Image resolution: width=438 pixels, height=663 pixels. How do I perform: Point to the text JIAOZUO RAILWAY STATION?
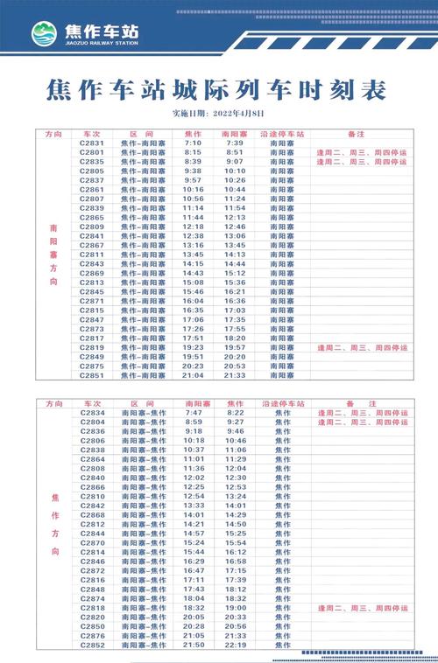coord(101,43)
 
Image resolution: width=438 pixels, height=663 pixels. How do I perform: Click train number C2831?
coord(92,143)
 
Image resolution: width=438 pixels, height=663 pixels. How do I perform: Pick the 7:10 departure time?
coord(193,143)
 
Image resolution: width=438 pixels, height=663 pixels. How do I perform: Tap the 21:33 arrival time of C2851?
coord(234,375)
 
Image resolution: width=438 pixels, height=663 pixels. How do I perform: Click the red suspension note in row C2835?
coord(362,162)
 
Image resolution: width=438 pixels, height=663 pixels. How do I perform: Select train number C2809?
coord(92,227)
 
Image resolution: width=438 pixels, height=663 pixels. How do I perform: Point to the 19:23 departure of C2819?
coord(193,347)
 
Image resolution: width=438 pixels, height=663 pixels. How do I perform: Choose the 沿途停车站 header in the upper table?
coord(282,134)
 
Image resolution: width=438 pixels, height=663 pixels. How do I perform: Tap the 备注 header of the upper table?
coord(356,134)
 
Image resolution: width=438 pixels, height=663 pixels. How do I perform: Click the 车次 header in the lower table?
coord(92,403)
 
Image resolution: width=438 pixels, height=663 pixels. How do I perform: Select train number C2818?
coord(93,607)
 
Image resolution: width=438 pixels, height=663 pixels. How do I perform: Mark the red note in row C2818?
coord(362,607)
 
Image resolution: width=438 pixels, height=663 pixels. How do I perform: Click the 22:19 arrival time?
coord(236,646)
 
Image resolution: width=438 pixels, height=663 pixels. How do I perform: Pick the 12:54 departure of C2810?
coord(194,497)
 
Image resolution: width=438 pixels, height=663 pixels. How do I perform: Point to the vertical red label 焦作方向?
coord(54,524)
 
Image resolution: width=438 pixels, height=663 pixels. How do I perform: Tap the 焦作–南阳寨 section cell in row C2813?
coord(143,283)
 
